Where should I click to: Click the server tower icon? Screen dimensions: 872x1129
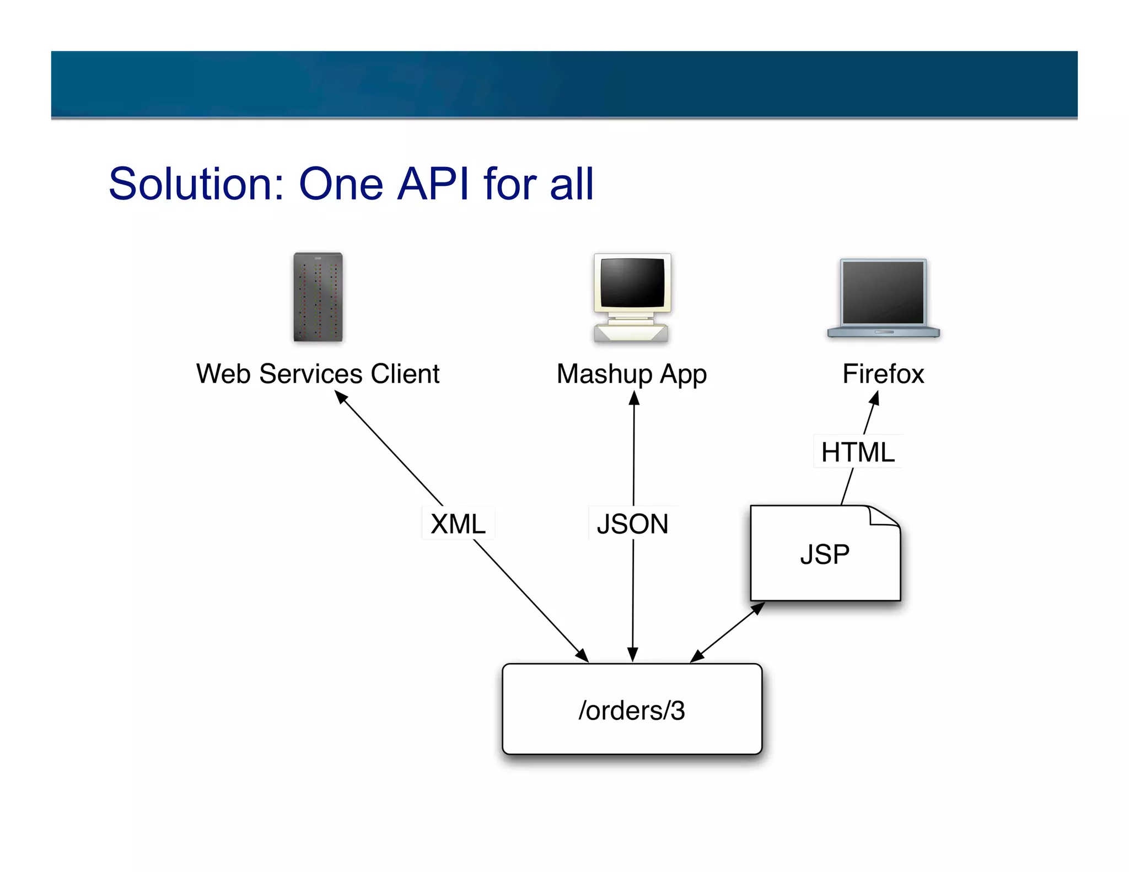(x=318, y=297)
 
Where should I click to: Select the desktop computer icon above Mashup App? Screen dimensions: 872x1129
(x=632, y=298)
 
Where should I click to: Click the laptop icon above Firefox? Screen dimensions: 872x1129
(x=883, y=298)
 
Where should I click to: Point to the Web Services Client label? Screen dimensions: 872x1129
(x=318, y=374)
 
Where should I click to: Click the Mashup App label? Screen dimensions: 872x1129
(x=632, y=375)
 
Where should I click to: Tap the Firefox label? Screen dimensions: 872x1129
(x=883, y=374)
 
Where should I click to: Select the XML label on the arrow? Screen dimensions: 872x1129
(x=458, y=524)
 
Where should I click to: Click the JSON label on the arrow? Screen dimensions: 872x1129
(x=632, y=524)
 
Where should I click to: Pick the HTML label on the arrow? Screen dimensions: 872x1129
(x=858, y=452)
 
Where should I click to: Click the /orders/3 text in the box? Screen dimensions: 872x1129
(x=632, y=710)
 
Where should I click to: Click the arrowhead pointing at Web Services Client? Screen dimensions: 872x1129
(x=341, y=397)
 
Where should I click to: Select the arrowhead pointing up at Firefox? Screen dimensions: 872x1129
(x=875, y=398)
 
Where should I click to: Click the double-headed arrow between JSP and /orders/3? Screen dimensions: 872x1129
(x=728, y=632)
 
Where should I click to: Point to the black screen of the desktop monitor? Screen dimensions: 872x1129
(x=632, y=282)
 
